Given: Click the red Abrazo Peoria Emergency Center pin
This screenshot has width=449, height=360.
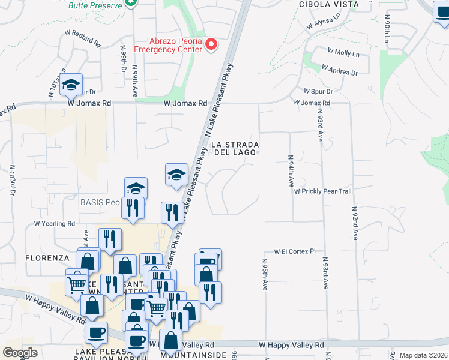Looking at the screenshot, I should [211, 44].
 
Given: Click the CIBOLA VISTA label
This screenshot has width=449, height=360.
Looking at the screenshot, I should [329, 4].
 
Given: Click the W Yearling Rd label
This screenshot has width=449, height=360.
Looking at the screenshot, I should [54, 223].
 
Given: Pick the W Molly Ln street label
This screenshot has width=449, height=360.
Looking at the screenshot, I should [343, 53].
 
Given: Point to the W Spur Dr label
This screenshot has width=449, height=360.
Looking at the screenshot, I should [322, 91].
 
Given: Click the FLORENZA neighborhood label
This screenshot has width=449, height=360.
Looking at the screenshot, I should [47, 258].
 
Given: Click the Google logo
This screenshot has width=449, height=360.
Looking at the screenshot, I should [20, 352].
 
